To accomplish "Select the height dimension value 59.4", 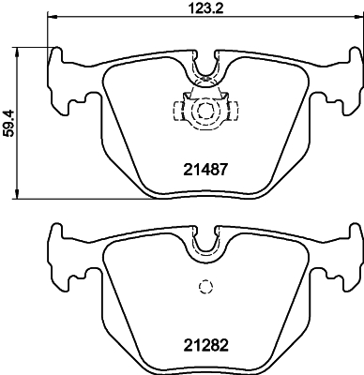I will click(x=9, y=122).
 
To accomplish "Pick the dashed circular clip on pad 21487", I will click(x=201, y=112).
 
